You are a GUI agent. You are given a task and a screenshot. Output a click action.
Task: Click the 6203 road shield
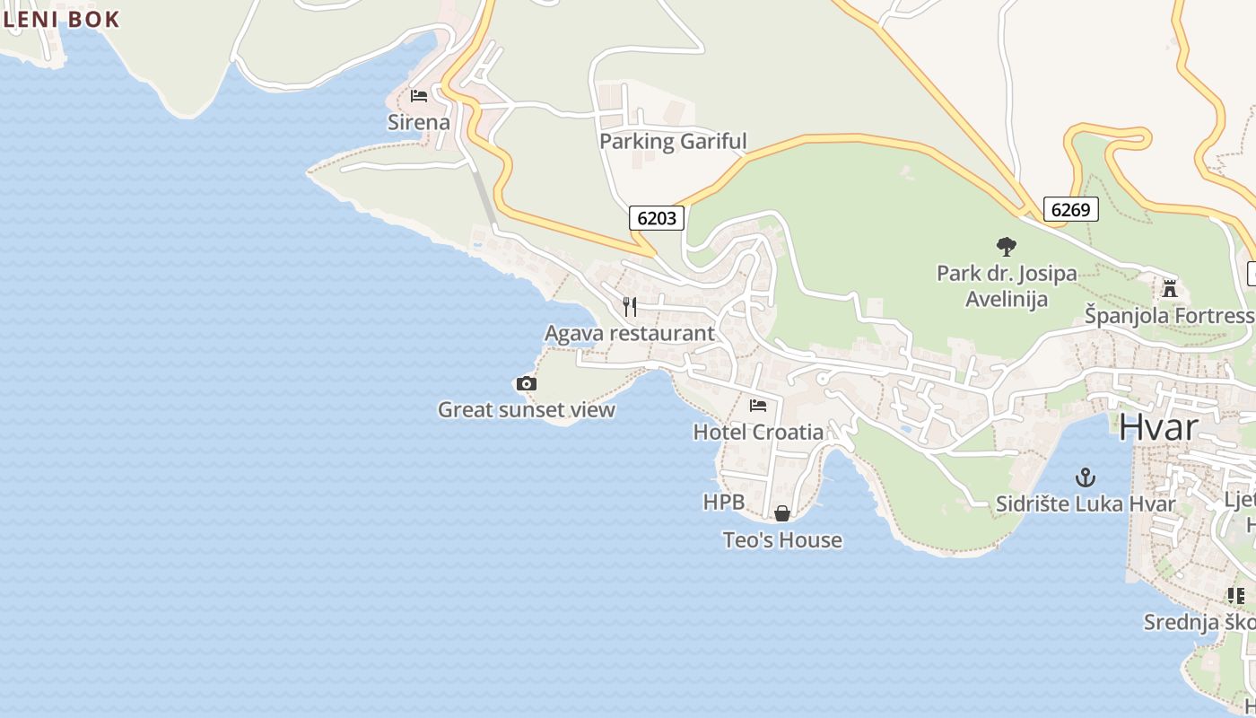click(x=657, y=217)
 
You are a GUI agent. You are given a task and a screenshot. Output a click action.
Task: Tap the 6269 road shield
click(x=1070, y=210)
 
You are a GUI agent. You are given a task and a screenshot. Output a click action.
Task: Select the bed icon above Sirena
click(x=419, y=96)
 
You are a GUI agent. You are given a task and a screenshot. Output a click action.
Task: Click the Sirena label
click(x=419, y=122)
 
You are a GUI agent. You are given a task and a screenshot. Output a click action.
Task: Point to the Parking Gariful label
click(x=673, y=141)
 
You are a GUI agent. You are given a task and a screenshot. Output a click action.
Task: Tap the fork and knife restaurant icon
click(x=630, y=307)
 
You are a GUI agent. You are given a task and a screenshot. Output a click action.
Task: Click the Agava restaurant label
click(x=630, y=334)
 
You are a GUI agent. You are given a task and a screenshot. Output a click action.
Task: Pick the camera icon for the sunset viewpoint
click(x=527, y=384)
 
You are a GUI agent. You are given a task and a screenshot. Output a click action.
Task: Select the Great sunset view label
click(x=527, y=410)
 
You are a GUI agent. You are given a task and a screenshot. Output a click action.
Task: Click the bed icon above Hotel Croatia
click(x=758, y=406)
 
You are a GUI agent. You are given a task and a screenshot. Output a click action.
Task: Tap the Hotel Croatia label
click(x=758, y=432)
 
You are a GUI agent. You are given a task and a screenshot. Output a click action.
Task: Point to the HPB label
click(x=724, y=503)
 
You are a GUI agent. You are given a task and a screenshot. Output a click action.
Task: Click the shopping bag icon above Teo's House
click(x=782, y=513)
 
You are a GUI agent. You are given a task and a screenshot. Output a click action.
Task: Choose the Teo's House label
click(x=782, y=540)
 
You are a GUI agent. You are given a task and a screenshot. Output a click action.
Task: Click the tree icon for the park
click(x=1007, y=246)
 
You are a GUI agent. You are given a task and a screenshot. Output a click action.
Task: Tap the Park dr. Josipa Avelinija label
click(x=1007, y=285)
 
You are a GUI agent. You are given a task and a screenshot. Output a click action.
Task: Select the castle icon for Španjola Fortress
click(x=1169, y=289)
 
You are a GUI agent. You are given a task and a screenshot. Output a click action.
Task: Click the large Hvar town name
click(x=1158, y=427)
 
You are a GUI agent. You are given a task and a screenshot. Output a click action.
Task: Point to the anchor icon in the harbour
click(x=1086, y=477)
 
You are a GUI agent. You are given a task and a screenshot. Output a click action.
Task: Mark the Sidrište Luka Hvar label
click(x=1086, y=504)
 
